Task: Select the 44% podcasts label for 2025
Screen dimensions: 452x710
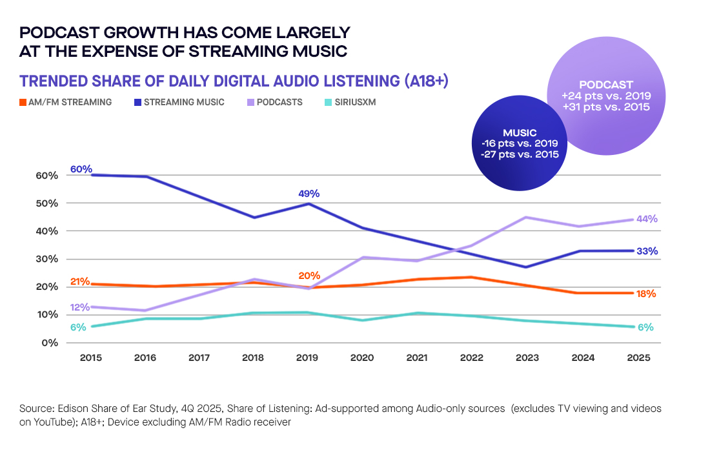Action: tap(647, 219)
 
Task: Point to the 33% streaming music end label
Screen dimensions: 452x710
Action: tap(647, 251)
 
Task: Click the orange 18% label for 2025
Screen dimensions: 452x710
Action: tap(645, 294)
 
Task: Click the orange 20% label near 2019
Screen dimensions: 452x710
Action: tap(309, 276)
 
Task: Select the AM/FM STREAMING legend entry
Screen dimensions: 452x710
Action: tap(65, 102)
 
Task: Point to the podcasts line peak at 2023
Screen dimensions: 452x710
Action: tap(526, 218)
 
